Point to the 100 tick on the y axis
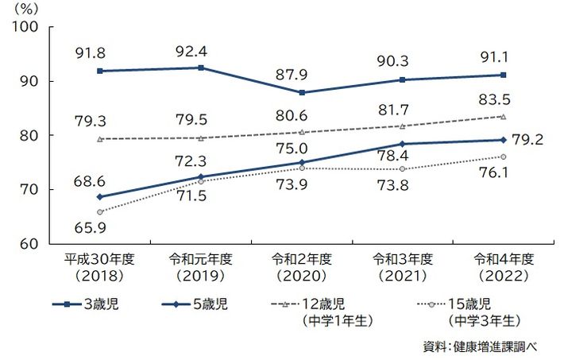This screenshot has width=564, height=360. tap(29, 27)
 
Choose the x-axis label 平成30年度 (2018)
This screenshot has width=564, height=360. tap(100, 267)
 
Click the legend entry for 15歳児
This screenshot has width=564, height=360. tap(469, 305)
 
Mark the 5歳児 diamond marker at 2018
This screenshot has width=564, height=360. tap(100, 196)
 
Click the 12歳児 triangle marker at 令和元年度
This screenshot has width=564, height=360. tap(201, 137)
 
